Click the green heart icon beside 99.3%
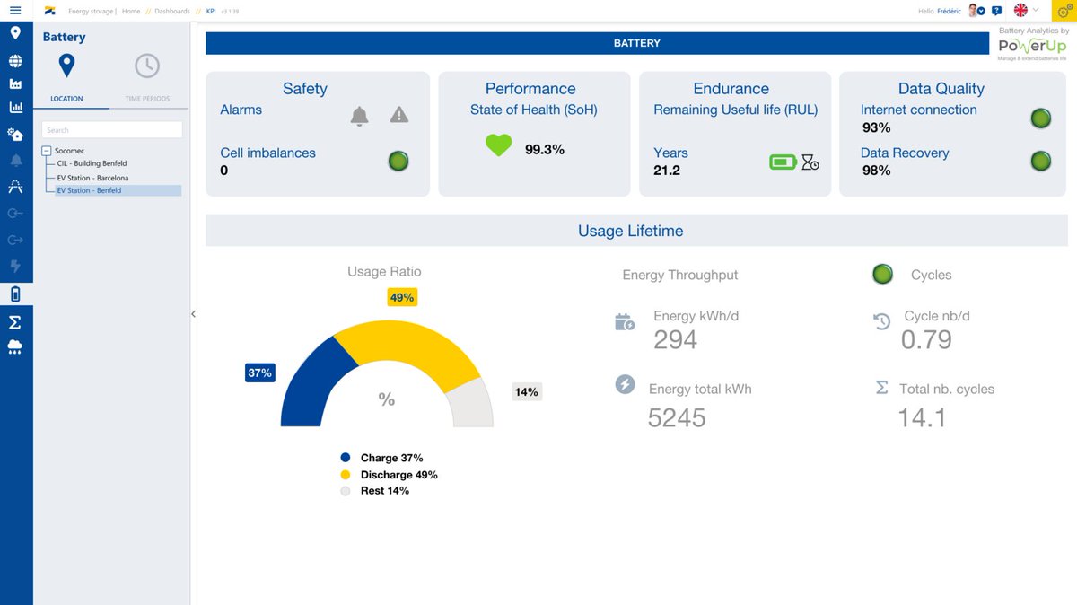point(498,146)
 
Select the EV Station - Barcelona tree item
point(93,178)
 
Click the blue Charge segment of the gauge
point(310,386)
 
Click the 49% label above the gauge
point(402,297)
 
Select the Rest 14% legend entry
point(384,491)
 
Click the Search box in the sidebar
point(112,130)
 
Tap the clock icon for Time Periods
point(147,66)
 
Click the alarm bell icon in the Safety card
point(359,116)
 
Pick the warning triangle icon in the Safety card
point(399,115)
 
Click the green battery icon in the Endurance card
point(783,162)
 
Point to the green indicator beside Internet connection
point(1040,118)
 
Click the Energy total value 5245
point(677,417)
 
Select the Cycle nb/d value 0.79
point(926,339)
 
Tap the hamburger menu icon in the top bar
point(15,10)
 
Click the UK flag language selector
point(1020,10)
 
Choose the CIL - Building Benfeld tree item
point(92,164)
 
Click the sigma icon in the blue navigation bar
point(15,322)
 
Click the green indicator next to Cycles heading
point(883,275)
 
